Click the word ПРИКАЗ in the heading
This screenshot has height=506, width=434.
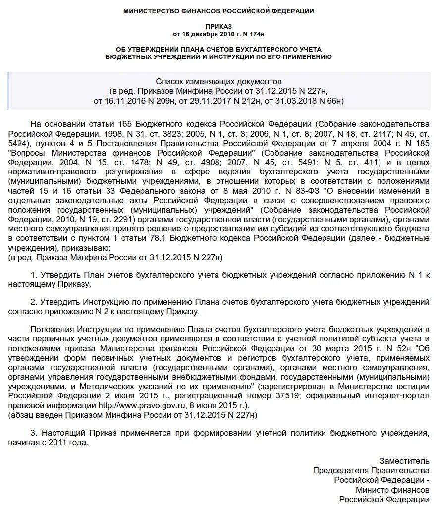218,25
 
